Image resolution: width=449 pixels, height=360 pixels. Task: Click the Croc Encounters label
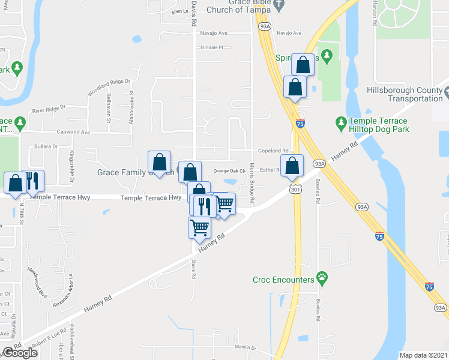click(283, 280)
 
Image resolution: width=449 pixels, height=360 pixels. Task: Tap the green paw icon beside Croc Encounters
click(322, 278)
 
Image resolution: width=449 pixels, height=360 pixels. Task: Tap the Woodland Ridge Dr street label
click(109, 88)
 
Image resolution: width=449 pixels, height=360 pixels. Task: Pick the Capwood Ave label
click(73, 132)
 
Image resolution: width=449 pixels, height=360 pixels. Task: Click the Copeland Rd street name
click(273, 151)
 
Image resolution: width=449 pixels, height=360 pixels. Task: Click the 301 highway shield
click(295, 190)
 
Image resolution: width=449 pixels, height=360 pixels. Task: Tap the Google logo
click(20, 352)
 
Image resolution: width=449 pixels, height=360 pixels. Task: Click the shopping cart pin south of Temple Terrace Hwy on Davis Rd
click(199, 227)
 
